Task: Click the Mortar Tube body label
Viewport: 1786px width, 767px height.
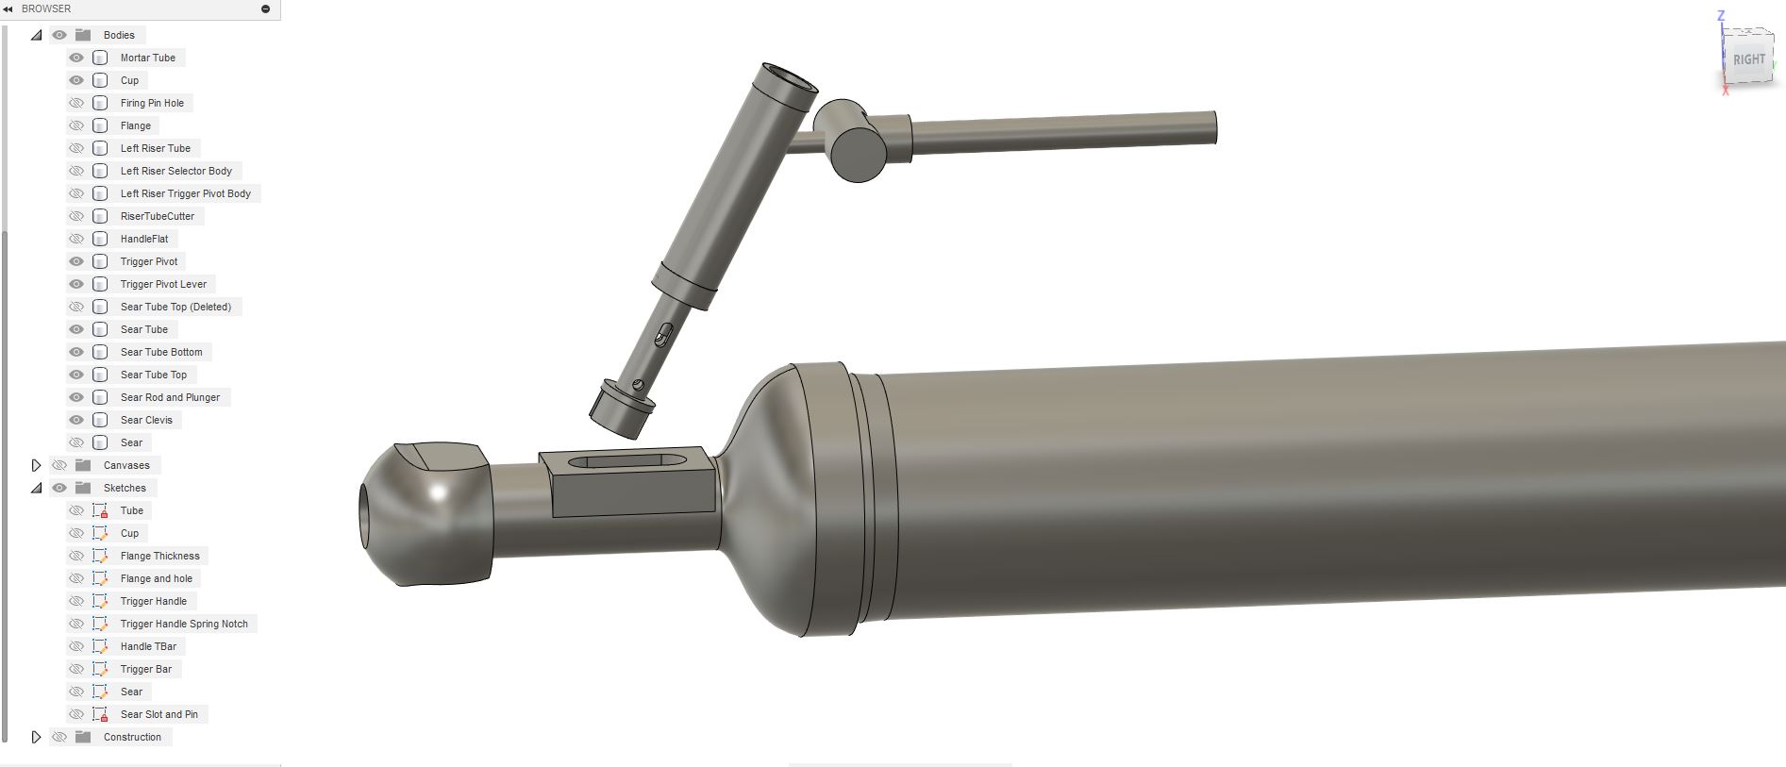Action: [147, 58]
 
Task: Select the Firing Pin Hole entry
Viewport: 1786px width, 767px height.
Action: [152, 103]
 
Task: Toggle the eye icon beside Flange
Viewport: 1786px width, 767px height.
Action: [76, 125]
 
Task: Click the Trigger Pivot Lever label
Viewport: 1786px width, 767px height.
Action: [163, 284]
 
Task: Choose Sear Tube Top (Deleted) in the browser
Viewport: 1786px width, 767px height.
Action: [175, 307]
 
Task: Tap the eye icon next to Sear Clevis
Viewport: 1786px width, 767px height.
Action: [76, 420]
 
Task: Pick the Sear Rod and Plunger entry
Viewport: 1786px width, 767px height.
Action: [170, 397]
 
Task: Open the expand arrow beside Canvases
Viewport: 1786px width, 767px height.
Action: [36, 465]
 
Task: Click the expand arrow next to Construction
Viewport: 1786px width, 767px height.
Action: [36, 737]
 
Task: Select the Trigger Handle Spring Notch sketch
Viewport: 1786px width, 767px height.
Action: [184, 624]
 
